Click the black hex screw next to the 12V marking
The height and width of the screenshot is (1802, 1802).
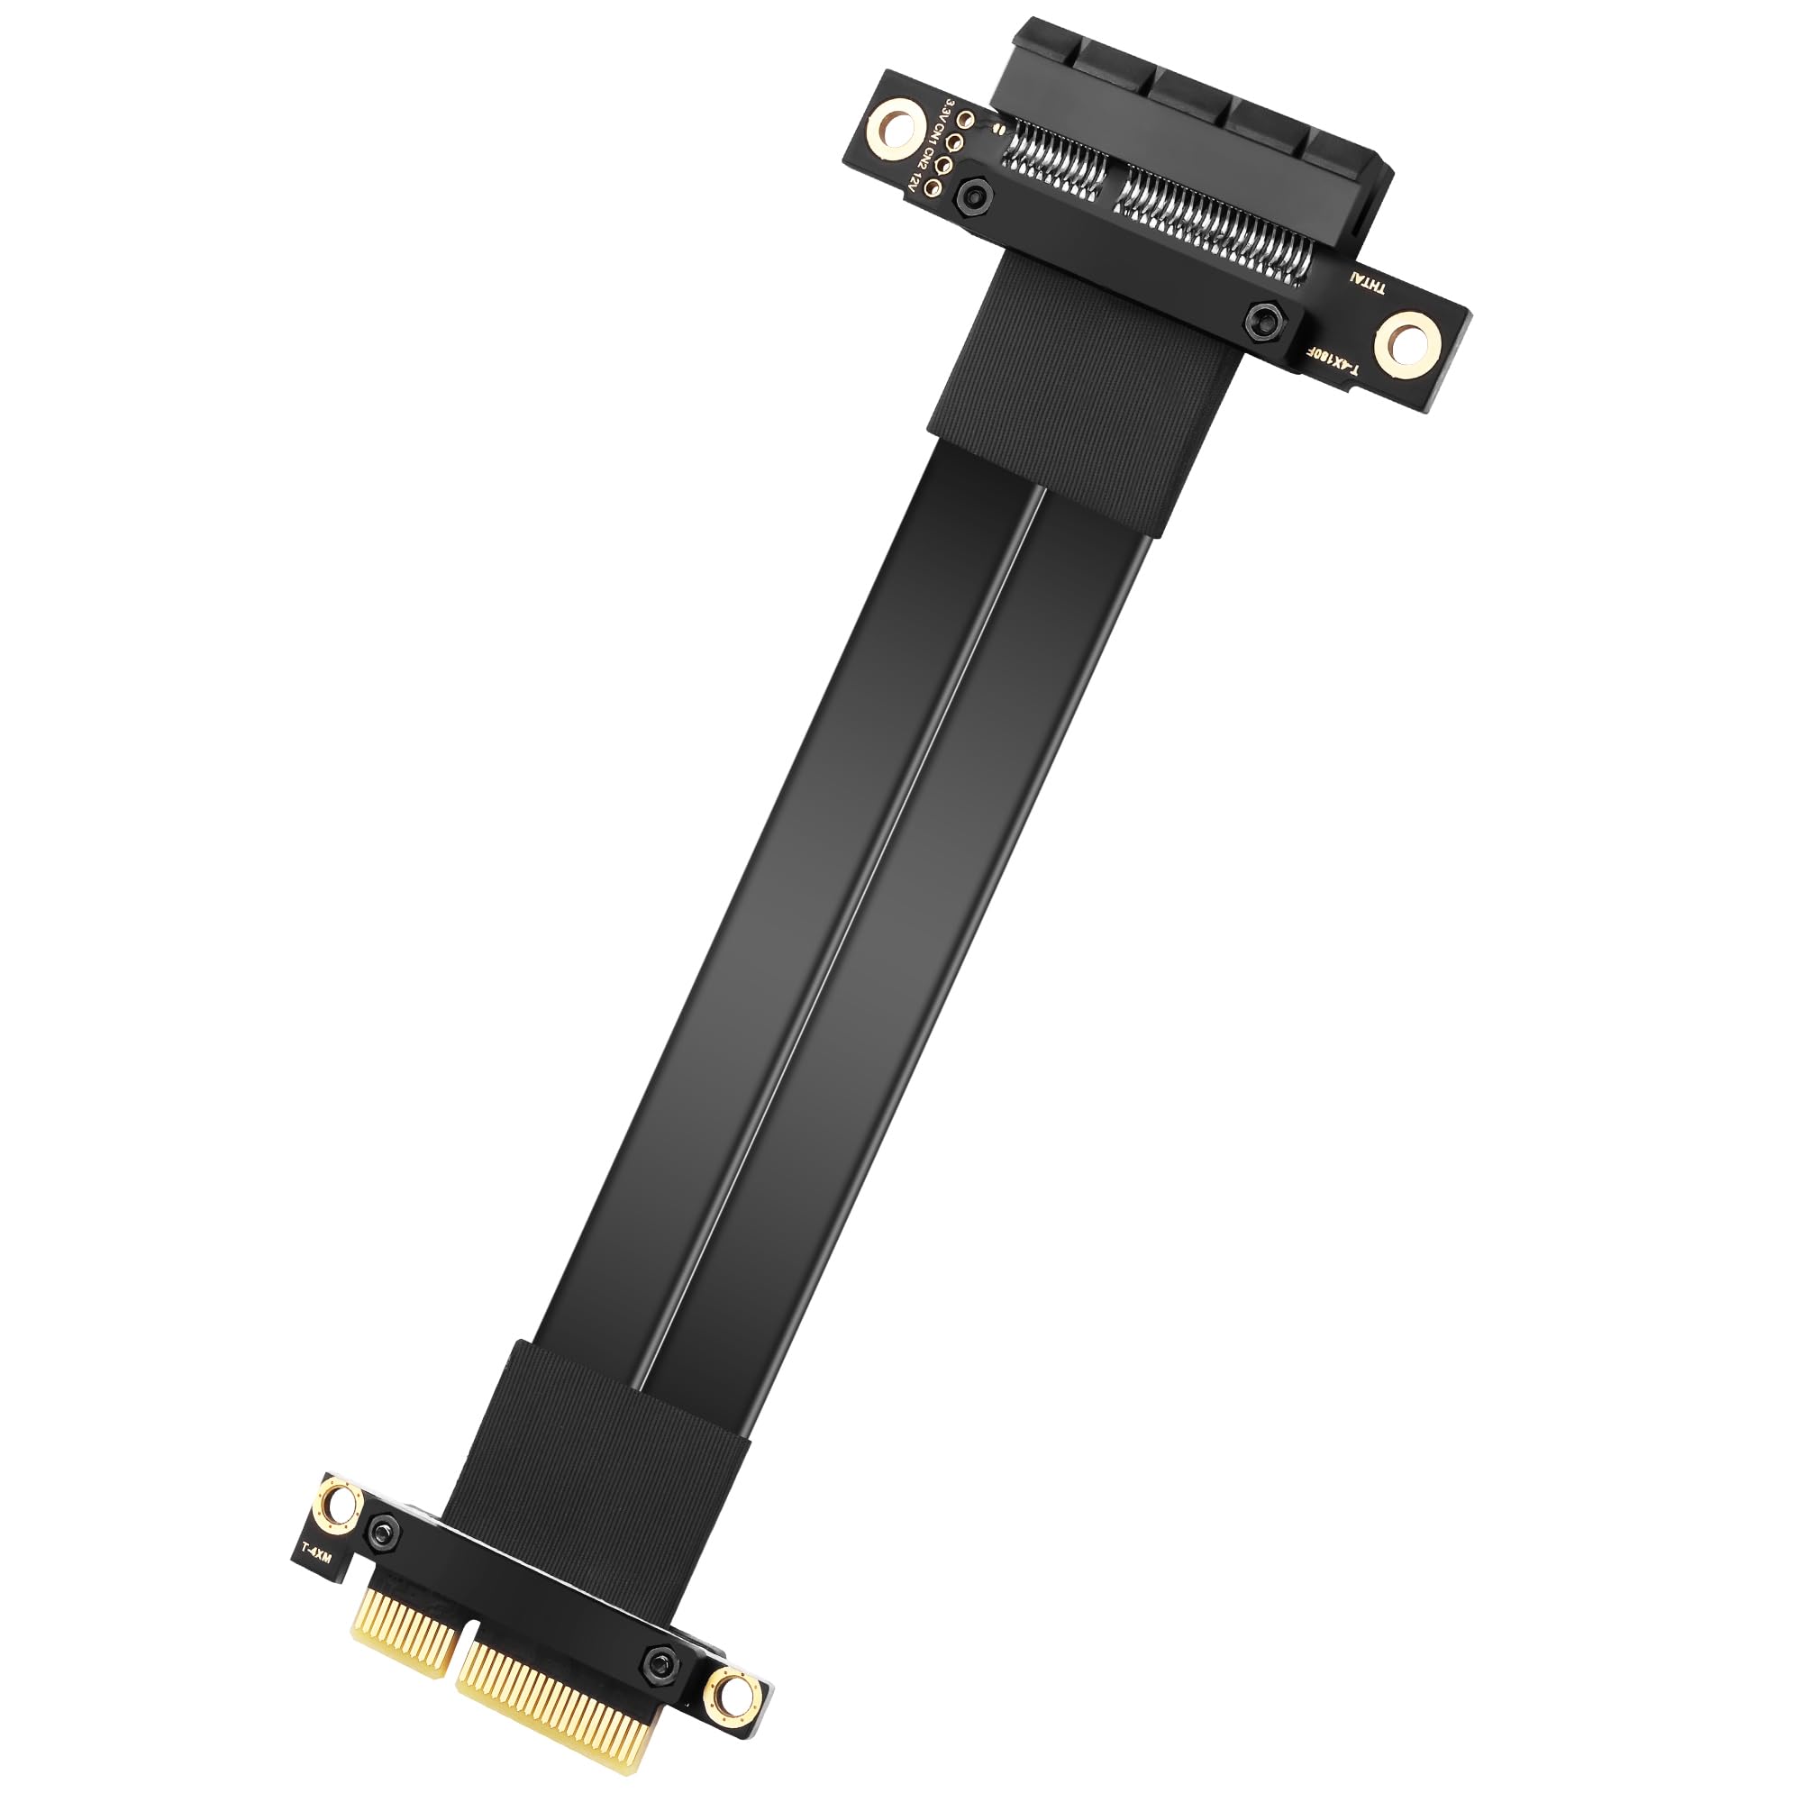(x=975, y=196)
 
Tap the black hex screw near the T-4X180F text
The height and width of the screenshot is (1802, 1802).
(x=1264, y=320)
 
